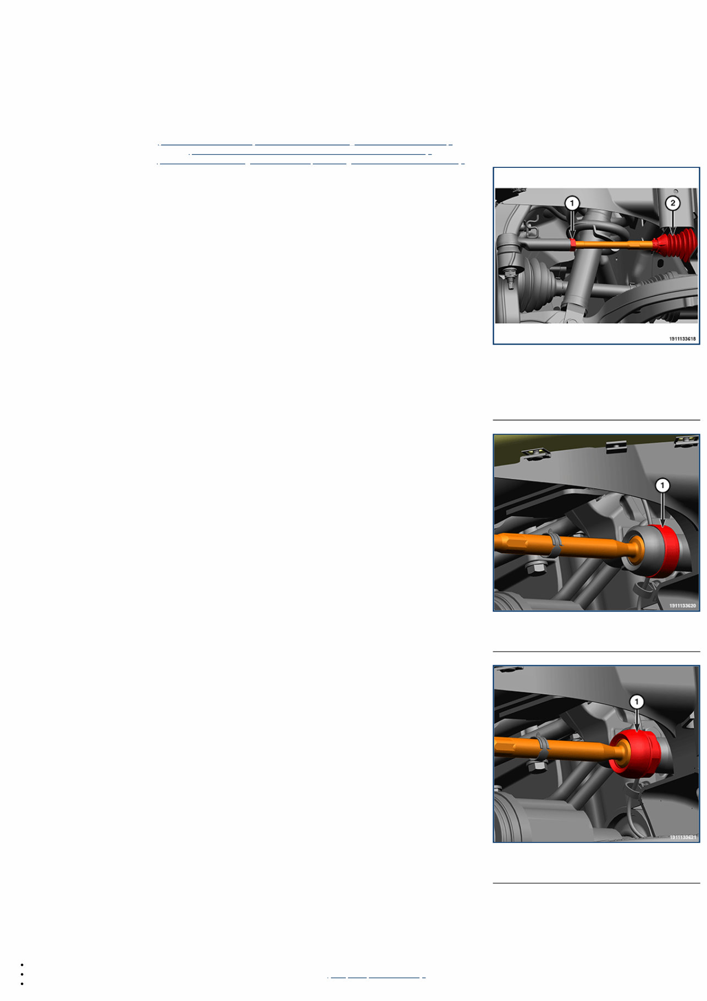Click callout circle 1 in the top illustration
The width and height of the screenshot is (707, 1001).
tap(572, 204)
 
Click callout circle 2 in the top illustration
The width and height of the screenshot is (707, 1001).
tap(673, 203)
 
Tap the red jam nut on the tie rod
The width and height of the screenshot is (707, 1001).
tap(573, 244)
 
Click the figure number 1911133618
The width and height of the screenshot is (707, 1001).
tap(682, 339)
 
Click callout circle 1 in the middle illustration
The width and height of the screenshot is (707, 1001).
tap(662, 485)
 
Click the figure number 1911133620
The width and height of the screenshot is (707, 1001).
tap(682, 605)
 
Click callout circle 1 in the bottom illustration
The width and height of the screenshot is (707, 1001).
tap(637, 702)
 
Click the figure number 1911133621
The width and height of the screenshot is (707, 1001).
tap(682, 837)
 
